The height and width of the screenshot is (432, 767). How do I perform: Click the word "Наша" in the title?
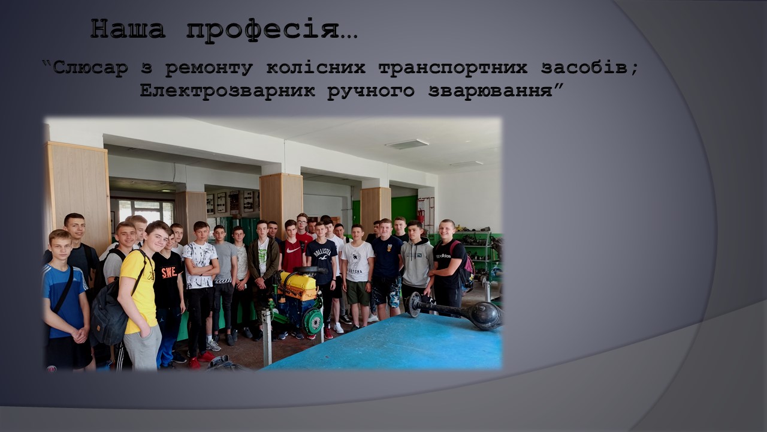click(128, 29)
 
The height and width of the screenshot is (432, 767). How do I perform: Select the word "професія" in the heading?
click(262, 30)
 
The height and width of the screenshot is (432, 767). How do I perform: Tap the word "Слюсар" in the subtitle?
click(90, 68)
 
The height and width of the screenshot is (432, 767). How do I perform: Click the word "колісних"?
click(316, 68)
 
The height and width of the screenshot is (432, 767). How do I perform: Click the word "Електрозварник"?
click(227, 91)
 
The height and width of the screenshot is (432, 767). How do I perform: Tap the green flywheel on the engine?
click(313, 322)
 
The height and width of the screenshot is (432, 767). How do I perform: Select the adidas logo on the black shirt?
click(443, 256)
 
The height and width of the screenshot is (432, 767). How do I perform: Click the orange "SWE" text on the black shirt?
click(169, 272)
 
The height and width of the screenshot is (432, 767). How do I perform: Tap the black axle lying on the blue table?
click(455, 311)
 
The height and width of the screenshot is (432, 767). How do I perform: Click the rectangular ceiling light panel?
click(407, 144)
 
